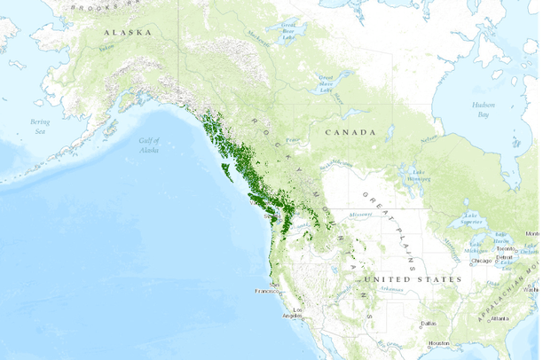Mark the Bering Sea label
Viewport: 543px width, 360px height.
pyautogui.click(x=41, y=126)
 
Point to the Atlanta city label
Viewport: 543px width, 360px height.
pyautogui.click(x=500, y=318)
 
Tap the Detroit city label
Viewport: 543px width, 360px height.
pyautogui.click(x=505, y=257)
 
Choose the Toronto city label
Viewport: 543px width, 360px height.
pyautogui.click(x=507, y=249)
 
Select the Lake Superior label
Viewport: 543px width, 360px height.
pyautogui.click(x=469, y=218)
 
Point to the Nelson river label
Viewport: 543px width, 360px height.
pyautogui.click(x=429, y=139)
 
